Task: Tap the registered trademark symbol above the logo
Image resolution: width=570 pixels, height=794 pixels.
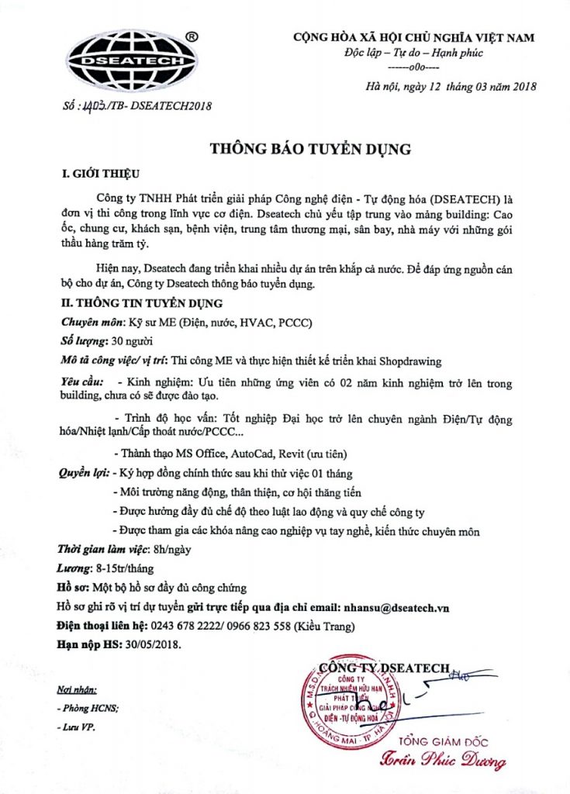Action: pyautogui.click(x=192, y=36)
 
